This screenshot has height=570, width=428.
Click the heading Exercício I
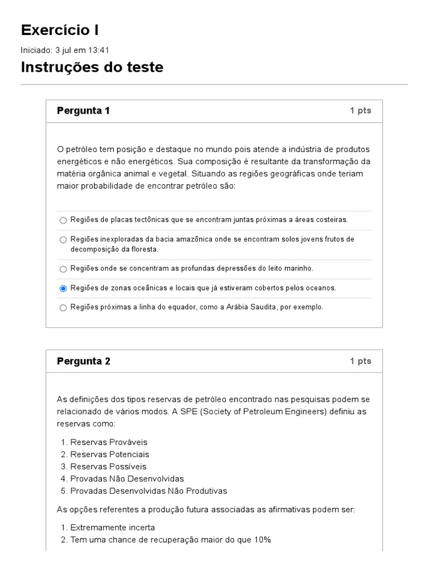[x=60, y=30]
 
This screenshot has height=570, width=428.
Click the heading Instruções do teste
[x=92, y=67]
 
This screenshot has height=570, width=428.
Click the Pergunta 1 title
[x=83, y=111]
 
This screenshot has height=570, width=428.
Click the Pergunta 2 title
[x=83, y=361]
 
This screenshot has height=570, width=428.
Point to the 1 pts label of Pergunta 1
[x=360, y=111]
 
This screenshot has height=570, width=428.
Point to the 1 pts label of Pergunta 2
[x=360, y=361]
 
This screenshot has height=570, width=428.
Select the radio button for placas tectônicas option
[x=63, y=220]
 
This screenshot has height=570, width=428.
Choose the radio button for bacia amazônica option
[x=63, y=240]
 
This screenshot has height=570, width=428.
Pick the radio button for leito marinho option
[x=63, y=269]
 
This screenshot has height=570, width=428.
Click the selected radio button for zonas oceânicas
[x=63, y=288]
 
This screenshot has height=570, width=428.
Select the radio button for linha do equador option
[x=63, y=308]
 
